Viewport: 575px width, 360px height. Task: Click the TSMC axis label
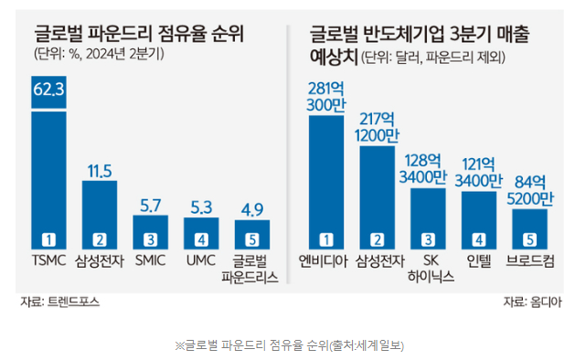tap(49, 259)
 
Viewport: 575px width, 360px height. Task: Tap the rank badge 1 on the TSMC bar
tap(49, 239)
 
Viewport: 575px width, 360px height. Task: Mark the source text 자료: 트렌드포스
tap(61, 301)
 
